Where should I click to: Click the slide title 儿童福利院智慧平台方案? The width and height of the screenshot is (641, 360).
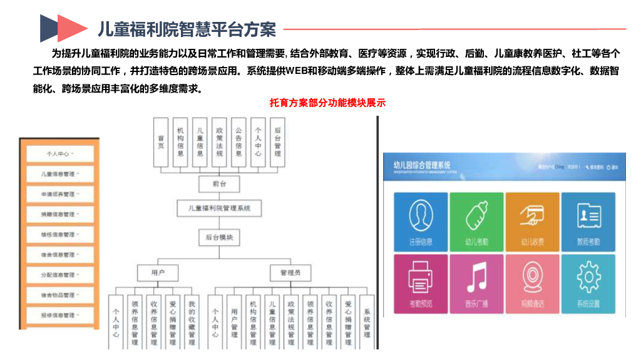(x=187, y=29)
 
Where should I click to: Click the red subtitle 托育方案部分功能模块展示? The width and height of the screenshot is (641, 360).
(x=327, y=103)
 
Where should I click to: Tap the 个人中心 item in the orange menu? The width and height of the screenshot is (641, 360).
(x=59, y=153)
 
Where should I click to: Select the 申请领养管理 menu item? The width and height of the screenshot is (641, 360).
(x=59, y=194)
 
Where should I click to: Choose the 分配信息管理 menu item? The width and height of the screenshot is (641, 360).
(x=59, y=275)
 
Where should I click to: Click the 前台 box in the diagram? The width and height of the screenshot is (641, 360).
(x=218, y=183)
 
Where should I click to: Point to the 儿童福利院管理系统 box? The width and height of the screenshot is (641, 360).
(x=218, y=208)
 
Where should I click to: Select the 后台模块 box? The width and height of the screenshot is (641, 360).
(x=218, y=237)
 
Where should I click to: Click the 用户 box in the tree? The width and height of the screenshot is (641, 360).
(x=157, y=273)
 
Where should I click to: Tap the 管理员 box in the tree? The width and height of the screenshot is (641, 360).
(x=290, y=273)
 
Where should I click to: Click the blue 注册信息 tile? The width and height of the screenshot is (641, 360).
(x=421, y=221)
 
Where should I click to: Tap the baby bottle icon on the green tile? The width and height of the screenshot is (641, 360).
(x=476, y=215)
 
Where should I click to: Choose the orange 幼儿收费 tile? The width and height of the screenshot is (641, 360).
(x=532, y=221)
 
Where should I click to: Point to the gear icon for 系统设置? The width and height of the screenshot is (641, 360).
(x=588, y=276)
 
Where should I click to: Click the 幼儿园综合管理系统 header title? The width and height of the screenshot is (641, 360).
(x=422, y=165)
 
